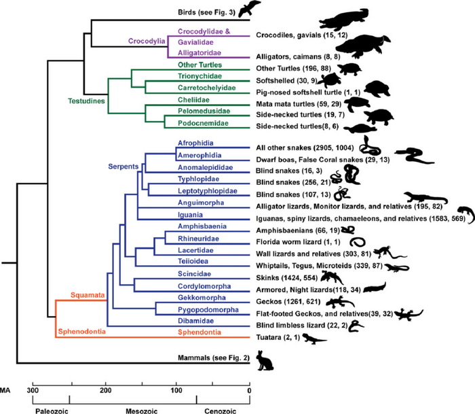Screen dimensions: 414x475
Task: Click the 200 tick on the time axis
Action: click(105, 390)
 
